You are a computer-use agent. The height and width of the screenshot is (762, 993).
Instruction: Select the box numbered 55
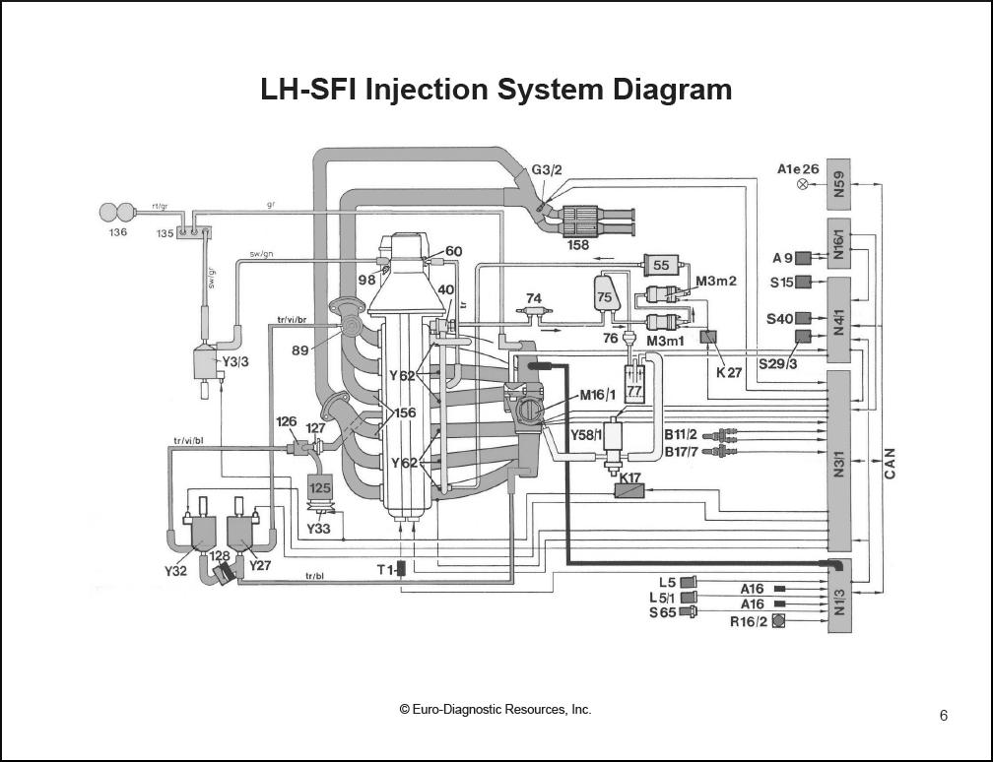(660, 265)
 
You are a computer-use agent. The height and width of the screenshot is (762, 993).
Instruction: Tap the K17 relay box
(628, 489)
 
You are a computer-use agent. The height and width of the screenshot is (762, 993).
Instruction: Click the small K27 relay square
(706, 337)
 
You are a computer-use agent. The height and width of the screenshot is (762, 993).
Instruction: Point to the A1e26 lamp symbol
(801, 184)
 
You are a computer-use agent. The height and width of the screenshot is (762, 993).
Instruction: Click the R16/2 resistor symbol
(778, 620)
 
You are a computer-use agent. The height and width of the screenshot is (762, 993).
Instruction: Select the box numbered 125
(320, 486)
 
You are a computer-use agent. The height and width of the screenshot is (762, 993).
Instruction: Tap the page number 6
(944, 716)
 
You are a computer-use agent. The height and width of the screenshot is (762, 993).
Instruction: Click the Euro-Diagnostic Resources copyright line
(496, 710)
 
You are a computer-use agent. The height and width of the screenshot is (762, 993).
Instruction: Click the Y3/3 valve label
(234, 361)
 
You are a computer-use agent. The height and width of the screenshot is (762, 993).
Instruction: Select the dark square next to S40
(803, 318)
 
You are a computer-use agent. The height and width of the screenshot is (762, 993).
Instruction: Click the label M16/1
(598, 396)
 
